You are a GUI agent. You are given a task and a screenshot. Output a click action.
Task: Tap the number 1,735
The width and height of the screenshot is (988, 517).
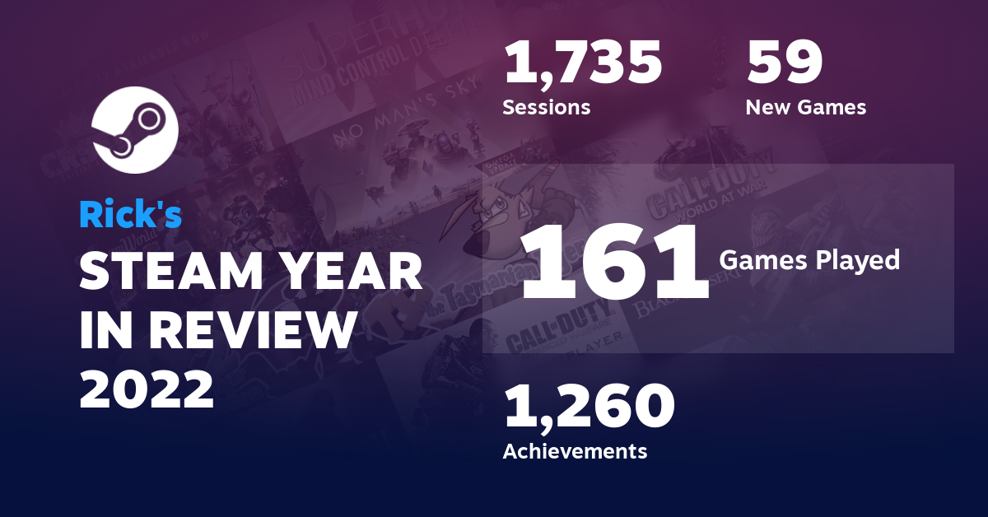[x=583, y=64]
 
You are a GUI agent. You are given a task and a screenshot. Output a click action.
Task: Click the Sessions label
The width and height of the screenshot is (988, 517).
[x=546, y=108]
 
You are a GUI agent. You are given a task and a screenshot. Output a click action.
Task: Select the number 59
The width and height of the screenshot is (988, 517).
[x=784, y=64]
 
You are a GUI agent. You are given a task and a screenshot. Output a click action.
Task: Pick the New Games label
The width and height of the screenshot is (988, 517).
[x=805, y=108]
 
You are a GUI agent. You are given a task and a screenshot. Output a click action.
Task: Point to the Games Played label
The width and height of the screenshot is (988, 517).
[x=809, y=260]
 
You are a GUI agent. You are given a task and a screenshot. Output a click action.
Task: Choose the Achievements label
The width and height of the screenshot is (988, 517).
[x=575, y=451]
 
